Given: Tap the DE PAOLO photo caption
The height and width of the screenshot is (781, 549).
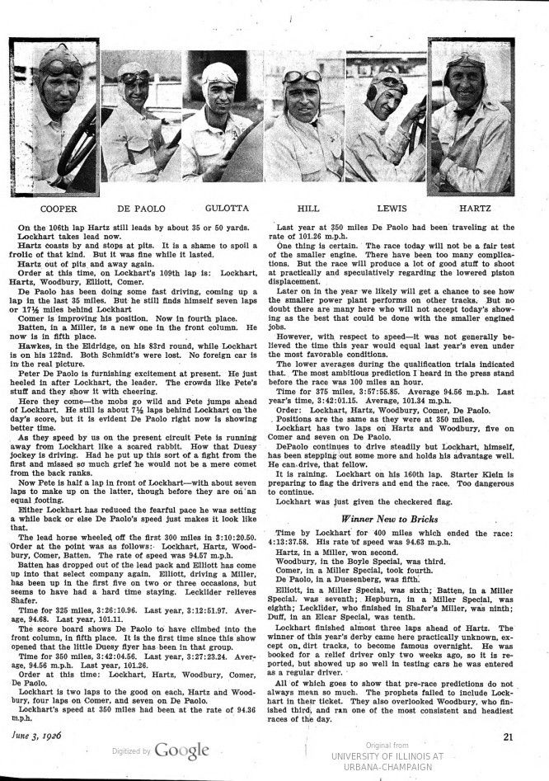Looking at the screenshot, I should (x=138, y=209).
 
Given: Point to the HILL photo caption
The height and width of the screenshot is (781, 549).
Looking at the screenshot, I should (x=306, y=209).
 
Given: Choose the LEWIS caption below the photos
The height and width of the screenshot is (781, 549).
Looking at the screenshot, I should (x=388, y=209).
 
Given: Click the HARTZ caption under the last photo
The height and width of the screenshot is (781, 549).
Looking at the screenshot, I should (x=471, y=209).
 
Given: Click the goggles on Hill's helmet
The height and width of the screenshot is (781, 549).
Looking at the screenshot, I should (x=304, y=78).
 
